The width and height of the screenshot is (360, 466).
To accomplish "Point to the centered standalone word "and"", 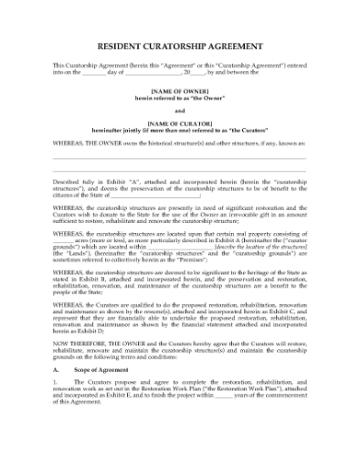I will (x=179, y=111).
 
